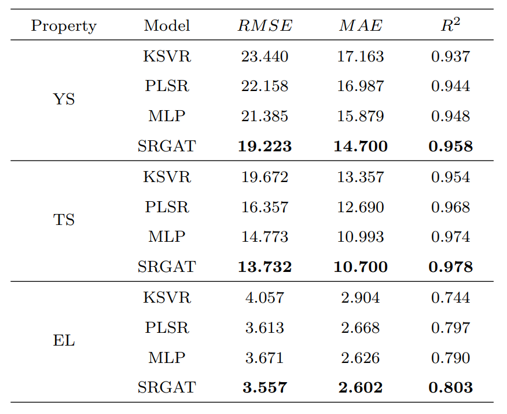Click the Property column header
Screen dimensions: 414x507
(x=64, y=26)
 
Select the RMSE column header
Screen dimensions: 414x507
(x=264, y=26)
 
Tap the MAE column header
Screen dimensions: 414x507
(x=361, y=26)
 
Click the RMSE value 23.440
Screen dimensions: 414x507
(x=264, y=56)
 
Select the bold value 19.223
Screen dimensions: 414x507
(x=264, y=147)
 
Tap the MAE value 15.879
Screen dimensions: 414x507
(x=361, y=117)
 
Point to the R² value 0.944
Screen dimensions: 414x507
(x=450, y=86)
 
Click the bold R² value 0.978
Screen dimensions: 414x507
(x=450, y=267)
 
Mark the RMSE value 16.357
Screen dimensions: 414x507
(x=264, y=207)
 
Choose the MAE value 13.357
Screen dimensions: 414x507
(x=361, y=177)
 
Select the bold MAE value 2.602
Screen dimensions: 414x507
(x=361, y=388)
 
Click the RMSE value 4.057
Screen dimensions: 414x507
(x=264, y=297)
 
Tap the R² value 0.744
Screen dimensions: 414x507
(x=450, y=297)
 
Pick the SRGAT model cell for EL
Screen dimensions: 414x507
(x=167, y=388)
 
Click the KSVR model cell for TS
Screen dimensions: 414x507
(x=167, y=177)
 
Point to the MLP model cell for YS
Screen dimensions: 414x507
(x=167, y=117)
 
